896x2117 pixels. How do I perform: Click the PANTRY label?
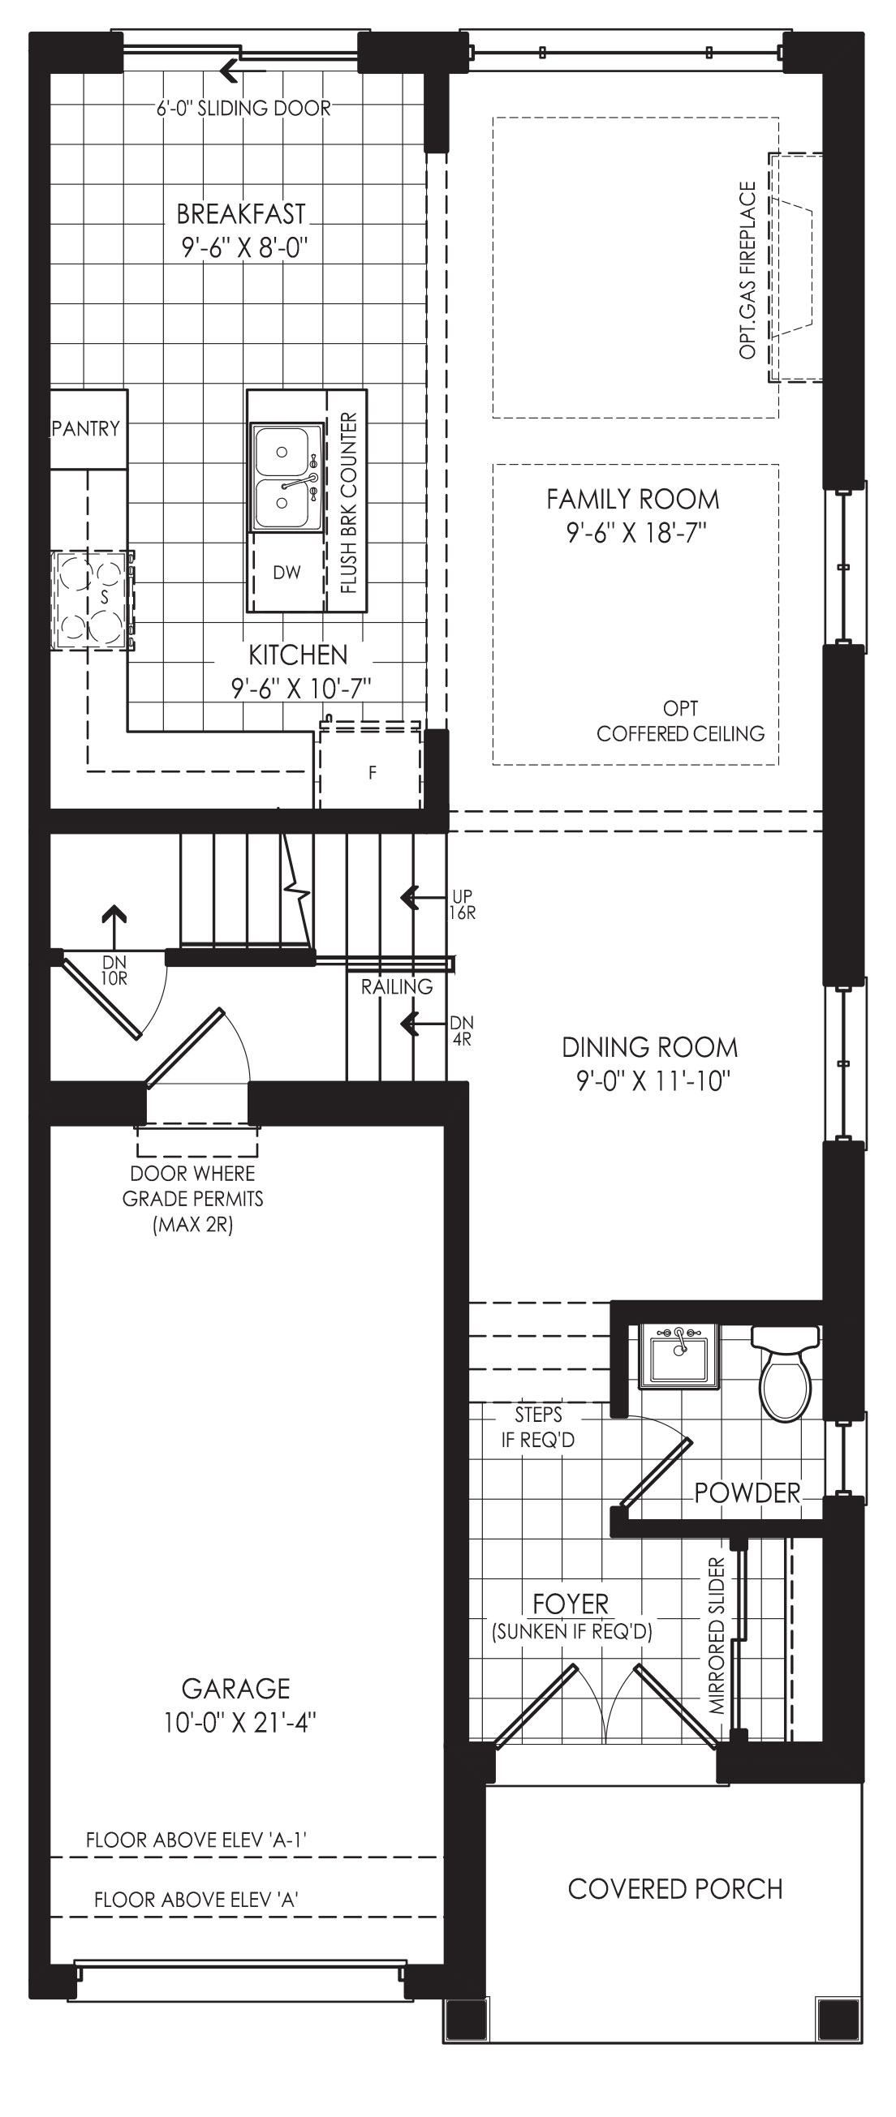pyautogui.click(x=85, y=428)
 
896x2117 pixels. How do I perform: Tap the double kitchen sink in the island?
pyautogui.click(x=286, y=478)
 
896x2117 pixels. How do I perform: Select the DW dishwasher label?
pyautogui.click(x=286, y=573)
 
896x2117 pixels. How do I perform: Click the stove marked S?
pyautogui.click(x=93, y=601)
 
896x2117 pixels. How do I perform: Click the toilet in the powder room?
pyautogui.click(x=786, y=1372)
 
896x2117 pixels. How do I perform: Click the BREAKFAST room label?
pyautogui.click(x=242, y=213)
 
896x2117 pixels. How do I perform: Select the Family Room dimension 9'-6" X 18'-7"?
pyautogui.click(x=636, y=533)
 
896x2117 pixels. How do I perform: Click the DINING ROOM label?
pyautogui.click(x=649, y=1047)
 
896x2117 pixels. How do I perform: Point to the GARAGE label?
pyautogui.click(x=236, y=1688)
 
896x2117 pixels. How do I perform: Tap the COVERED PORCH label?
pyautogui.click(x=675, y=1888)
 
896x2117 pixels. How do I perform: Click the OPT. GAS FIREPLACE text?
pyautogui.click(x=747, y=270)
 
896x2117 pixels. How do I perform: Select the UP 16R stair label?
pyautogui.click(x=462, y=905)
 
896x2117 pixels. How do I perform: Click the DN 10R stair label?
pyautogui.click(x=115, y=970)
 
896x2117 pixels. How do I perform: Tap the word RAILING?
pyautogui.click(x=397, y=987)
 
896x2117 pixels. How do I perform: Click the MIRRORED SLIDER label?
pyautogui.click(x=717, y=1635)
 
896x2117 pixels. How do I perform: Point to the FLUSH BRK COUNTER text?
pyautogui.click(x=348, y=503)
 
